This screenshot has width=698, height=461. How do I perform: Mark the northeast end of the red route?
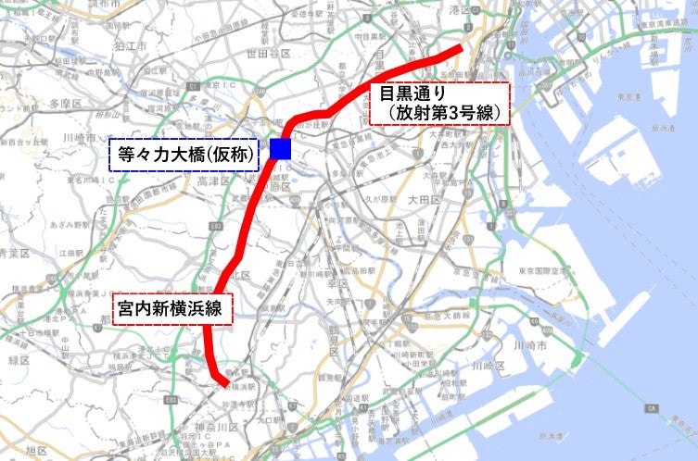(461, 49)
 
